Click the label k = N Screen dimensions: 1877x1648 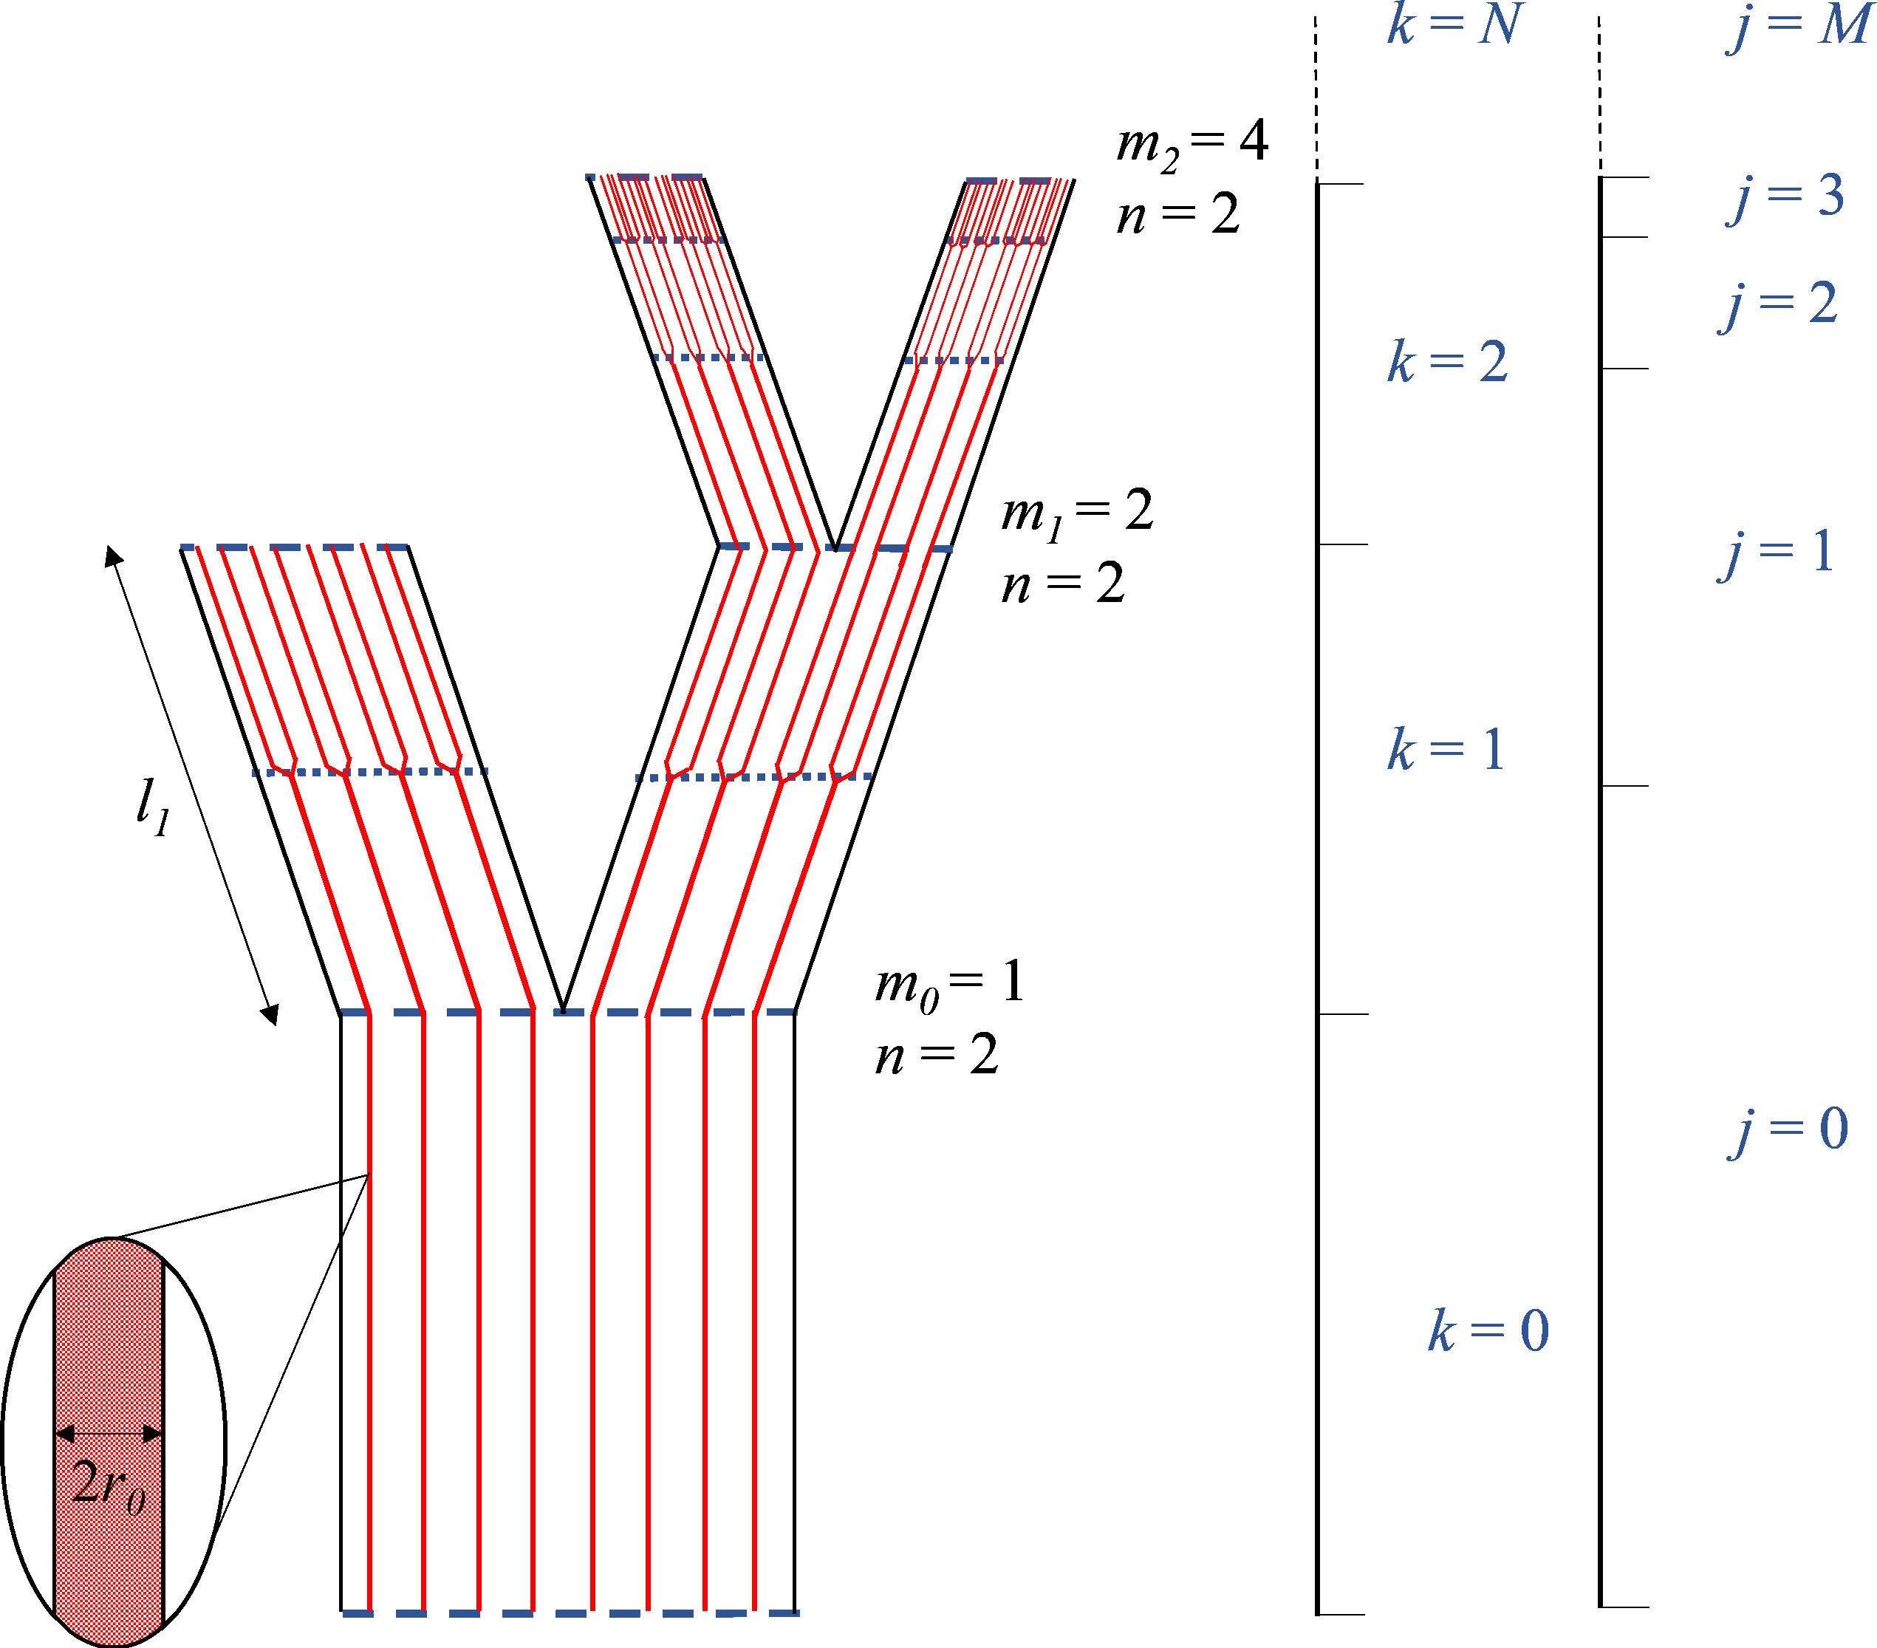click(x=1455, y=25)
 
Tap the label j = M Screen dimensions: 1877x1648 click(x=1798, y=27)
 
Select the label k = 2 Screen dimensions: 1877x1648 click(x=1448, y=362)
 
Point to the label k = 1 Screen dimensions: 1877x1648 click(x=1446, y=750)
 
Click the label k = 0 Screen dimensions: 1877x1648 click(x=1488, y=1331)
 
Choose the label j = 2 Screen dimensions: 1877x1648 click(x=1778, y=306)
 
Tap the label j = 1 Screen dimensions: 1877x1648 click(x=1776, y=553)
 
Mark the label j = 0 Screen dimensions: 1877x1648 click(x=1788, y=1131)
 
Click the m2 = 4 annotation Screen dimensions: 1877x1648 click(x=1193, y=144)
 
